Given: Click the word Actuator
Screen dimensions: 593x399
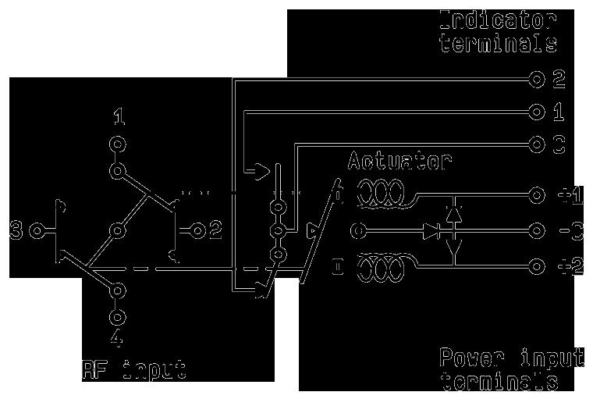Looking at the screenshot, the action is click(x=399, y=162).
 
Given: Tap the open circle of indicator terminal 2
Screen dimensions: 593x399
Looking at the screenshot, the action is click(x=536, y=79).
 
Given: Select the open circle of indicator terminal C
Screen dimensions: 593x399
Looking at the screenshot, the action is click(x=536, y=145).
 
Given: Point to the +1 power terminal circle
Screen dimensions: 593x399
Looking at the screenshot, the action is click(x=536, y=195).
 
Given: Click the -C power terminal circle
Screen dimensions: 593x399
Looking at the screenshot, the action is click(x=536, y=231).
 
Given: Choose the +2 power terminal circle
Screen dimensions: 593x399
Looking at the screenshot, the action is click(x=536, y=266).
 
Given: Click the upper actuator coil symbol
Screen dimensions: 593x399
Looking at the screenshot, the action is click(x=380, y=195).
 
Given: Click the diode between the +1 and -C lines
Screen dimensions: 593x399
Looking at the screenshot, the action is click(x=455, y=212).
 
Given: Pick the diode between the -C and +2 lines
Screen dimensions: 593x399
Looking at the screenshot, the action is click(x=455, y=248).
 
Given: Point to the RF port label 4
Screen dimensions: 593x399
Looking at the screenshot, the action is click(x=117, y=340).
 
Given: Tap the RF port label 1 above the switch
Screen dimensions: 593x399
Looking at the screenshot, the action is click(x=118, y=119).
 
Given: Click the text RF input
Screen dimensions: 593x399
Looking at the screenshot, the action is click(x=133, y=368).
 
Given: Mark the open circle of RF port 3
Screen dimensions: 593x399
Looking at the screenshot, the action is click(x=35, y=230).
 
